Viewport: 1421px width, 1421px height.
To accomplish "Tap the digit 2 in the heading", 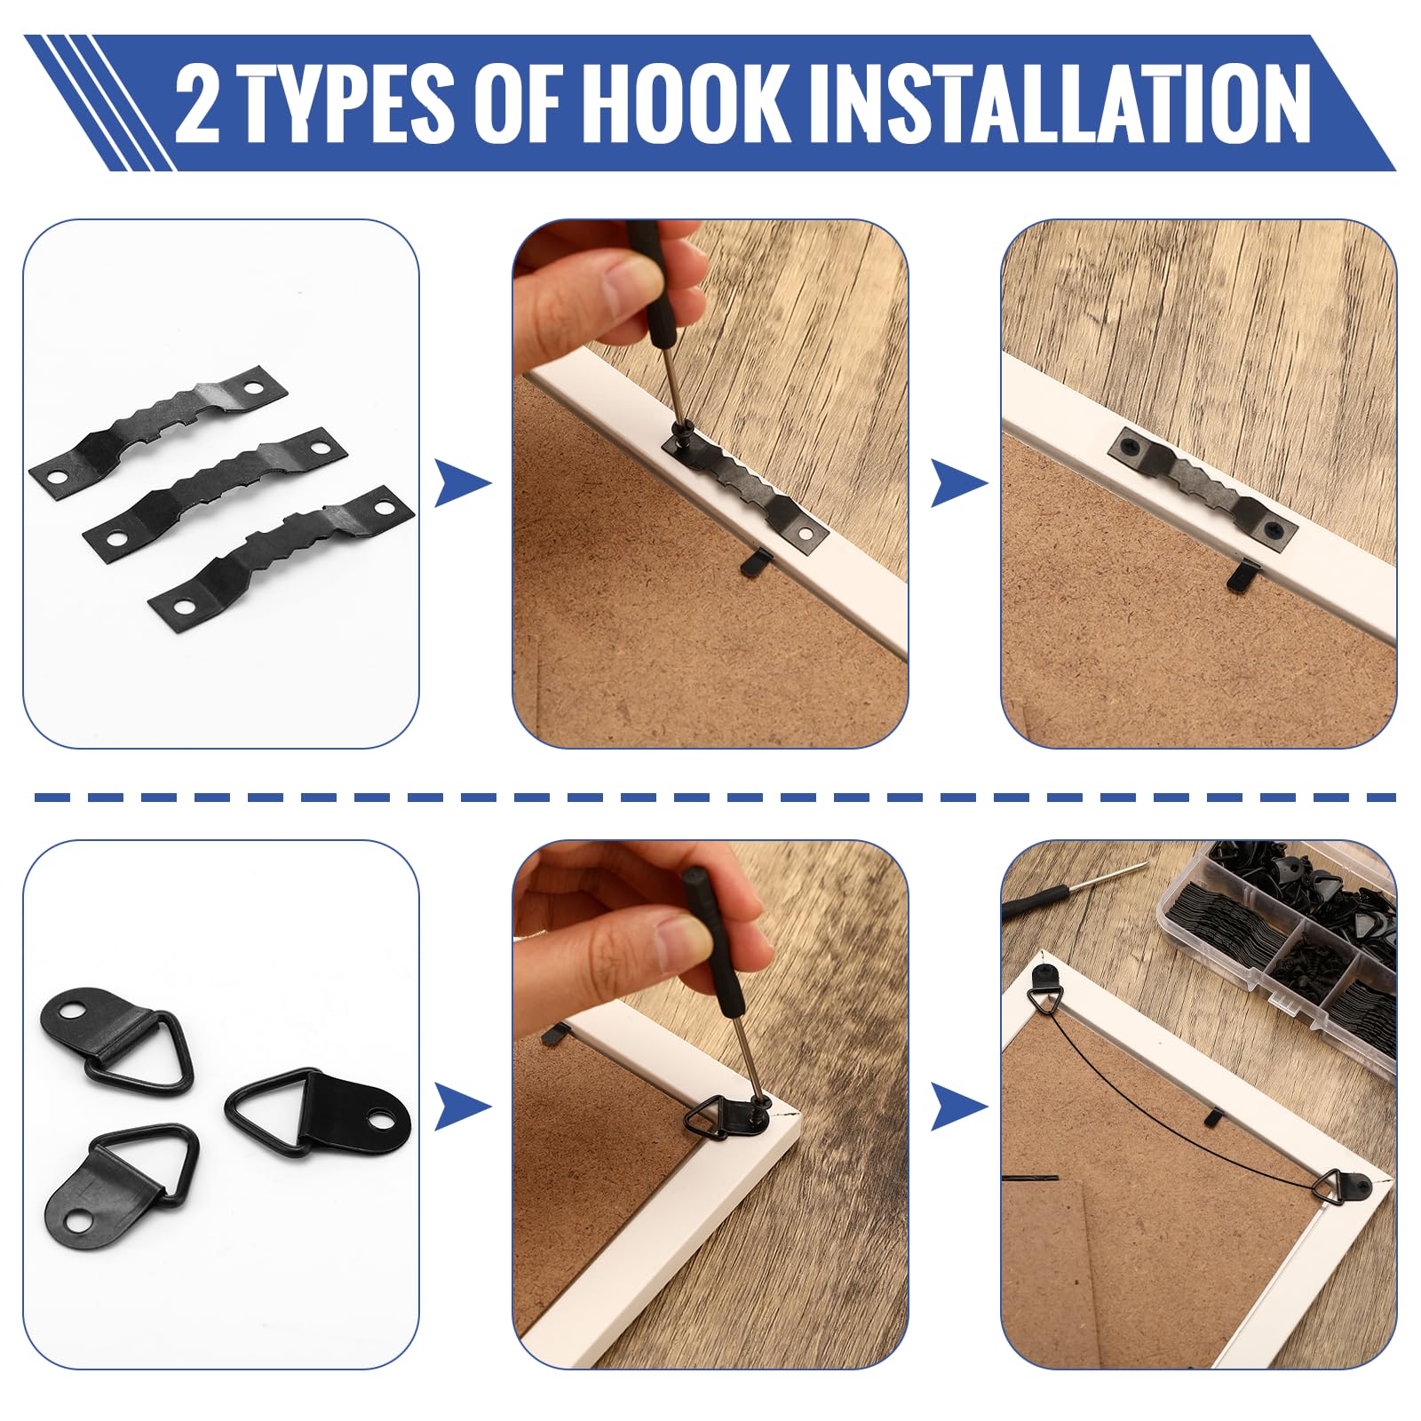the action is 197,103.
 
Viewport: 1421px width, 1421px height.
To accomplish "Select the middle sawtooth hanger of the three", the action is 216,491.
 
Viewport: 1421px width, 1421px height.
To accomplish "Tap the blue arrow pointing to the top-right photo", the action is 959,485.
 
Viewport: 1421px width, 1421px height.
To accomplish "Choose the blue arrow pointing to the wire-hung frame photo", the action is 959,1107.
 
